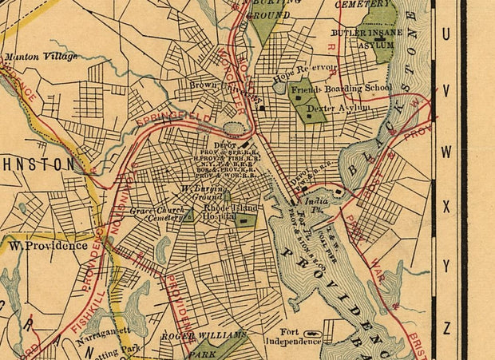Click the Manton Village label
tap(42, 57)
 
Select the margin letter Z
tap(446, 326)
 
